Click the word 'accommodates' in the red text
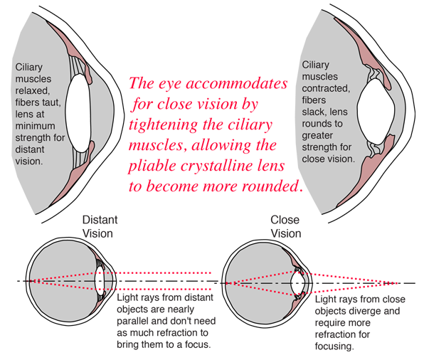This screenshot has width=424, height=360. [237, 83]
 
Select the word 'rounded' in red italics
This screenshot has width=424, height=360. [270, 186]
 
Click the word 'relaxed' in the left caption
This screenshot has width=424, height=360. [33, 90]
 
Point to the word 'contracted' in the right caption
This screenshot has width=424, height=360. [326, 88]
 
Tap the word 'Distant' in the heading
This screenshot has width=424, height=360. [100, 220]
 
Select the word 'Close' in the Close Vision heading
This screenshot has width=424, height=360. [285, 220]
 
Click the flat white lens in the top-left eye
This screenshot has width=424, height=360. [78, 114]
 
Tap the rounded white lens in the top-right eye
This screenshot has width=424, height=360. [376, 111]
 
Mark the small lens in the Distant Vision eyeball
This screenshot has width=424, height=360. [100, 281]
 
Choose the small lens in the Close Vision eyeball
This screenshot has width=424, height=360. [297, 283]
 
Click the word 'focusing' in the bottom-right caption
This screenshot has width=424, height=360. [334, 346]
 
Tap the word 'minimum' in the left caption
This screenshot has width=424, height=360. [35, 126]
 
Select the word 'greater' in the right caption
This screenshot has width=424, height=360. [317, 136]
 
